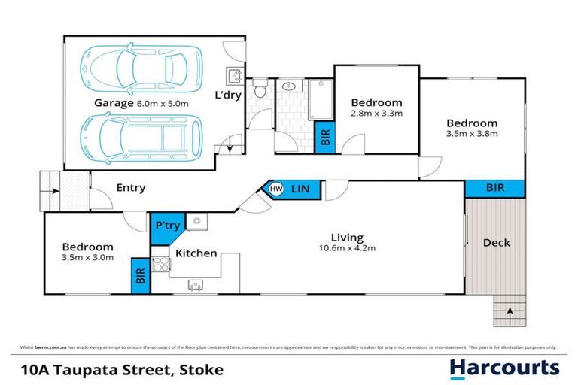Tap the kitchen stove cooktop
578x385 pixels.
(160, 265)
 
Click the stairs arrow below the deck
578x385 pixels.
(511, 310)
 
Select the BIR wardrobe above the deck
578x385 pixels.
(494, 188)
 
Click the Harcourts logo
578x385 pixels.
(504, 368)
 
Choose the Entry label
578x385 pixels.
(130, 188)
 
